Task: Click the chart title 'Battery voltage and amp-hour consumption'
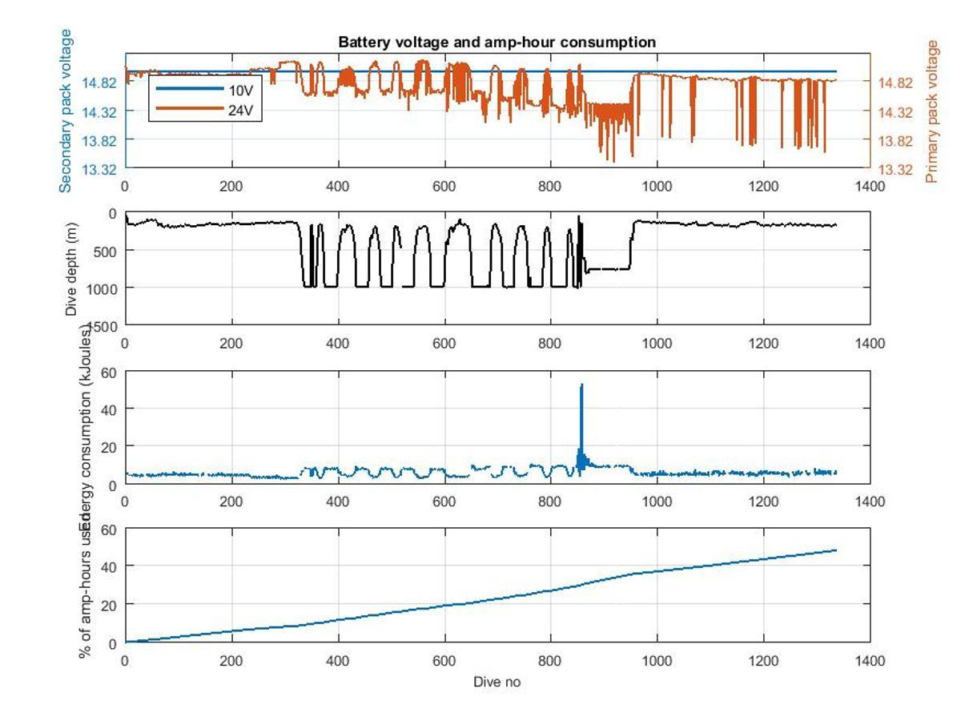[497, 42]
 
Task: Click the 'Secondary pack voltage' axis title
[66, 111]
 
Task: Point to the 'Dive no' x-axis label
[497, 682]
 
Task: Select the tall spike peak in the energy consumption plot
[581, 385]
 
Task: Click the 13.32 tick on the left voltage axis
[101, 169]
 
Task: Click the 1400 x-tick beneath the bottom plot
[870, 661]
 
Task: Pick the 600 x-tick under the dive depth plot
[444, 344]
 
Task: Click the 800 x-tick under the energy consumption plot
[550, 501]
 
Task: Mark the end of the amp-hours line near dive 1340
[836, 550]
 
